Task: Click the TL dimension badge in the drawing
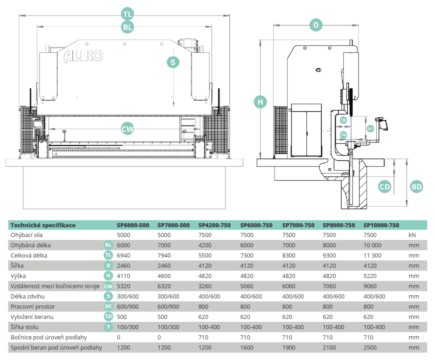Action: pyautogui.click(x=127, y=14)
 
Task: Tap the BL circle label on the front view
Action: pyautogui.click(x=127, y=27)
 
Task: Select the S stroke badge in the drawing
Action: pyautogui.click(x=173, y=62)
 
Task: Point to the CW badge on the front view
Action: pyautogui.click(x=127, y=129)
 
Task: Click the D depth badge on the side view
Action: pyautogui.click(x=316, y=25)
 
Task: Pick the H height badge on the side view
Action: pyautogui.click(x=260, y=102)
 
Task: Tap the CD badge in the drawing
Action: pyautogui.click(x=384, y=187)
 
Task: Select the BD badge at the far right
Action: pyautogui.click(x=417, y=187)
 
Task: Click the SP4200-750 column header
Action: pyautogui.click(x=215, y=225)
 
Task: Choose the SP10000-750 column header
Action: pyautogui.click(x=381, y=225)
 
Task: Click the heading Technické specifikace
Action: pyautogui.click(x=43, y=225)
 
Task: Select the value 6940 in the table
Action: pyautogui.click(x=124, y=255)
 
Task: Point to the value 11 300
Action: pyautogui.click(x=373, y=255)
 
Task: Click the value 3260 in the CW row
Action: pyautogui.click(x=206, y=286)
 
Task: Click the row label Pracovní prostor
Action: pyautogui.click(x=33, y=306)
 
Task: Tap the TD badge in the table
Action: pyautogui.click(x=109, y=317)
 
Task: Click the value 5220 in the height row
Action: pyautogui.click(x=370, y=276)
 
